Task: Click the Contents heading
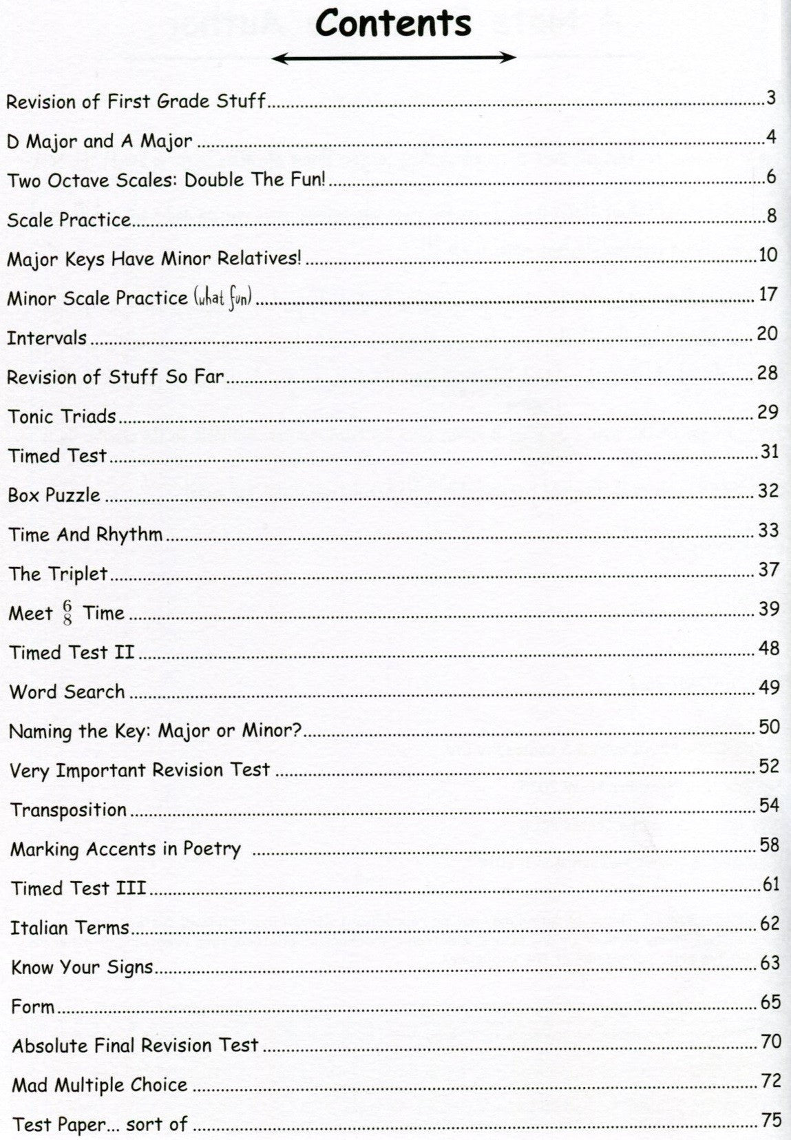[x=393, y=23]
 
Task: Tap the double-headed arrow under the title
[x=394, y=59]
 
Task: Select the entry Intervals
[x=47, y=338]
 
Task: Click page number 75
[x=771, y=1120]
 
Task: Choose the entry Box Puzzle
[x=54, y=495]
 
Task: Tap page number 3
[x=771, y=99]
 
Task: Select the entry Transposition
[x=68, y=810]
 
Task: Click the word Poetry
[x=211, y=849]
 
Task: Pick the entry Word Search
[x=67, y=692]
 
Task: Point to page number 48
[x=768, y=648]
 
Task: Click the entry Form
[x=32, y=1007]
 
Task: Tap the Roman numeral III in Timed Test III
[x=130, y=889]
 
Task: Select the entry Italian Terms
[x=70, y=928]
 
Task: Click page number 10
[x=768, y=256]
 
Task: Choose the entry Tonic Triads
[x=61, y=417]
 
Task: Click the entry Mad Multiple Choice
[x=100, y=1086]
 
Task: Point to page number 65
[x=770, y=1002]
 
